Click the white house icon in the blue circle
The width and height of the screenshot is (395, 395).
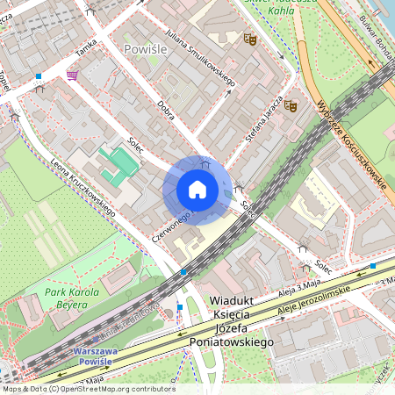tap(197, 190)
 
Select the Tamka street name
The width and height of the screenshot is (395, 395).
tap(85, 54)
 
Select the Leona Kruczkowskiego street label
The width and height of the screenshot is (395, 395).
tap(83, 188)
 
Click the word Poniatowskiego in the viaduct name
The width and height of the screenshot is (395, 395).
tap(232, 341)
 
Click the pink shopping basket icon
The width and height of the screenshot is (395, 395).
tap(71, 75)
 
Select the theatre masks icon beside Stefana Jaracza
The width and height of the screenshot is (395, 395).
tap(290, 105)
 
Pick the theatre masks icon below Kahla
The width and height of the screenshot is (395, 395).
tap(249, 39)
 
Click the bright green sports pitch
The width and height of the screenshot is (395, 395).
tap(119, 163)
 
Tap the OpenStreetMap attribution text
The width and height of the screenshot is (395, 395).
tap(88, 389)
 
